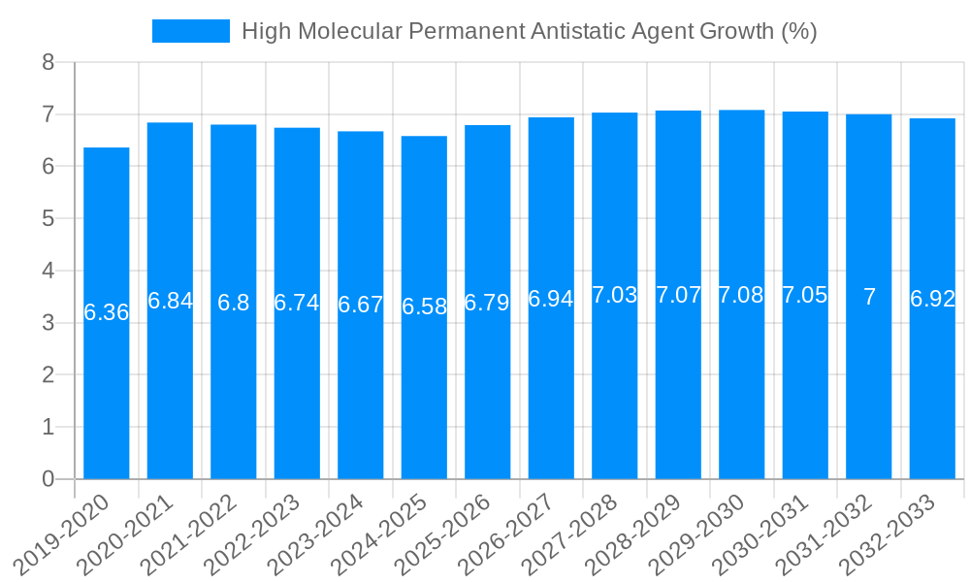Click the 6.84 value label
(x=170, y=301)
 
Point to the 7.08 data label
(x=742, y=296)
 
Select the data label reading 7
(x=869, y=298)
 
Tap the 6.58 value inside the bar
(x=424, y=307)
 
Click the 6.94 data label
(x=551, y=299)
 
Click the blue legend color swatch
(x=191, y=31)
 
